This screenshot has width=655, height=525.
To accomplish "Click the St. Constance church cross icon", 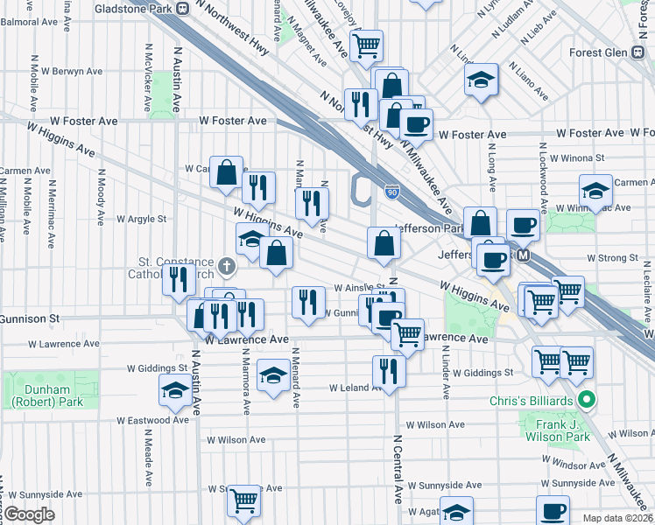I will click(x=226, y=264).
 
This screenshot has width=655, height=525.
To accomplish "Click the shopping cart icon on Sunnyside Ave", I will click(x=243, y=500).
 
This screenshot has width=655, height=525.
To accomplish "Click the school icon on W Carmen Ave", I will click(x=595, y=192).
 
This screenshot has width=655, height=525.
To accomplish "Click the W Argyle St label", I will click(x=141, y=219).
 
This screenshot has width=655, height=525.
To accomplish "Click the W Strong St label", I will click(x=613, y=258).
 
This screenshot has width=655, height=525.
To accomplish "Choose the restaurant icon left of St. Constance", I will click(x=177, y=281).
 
